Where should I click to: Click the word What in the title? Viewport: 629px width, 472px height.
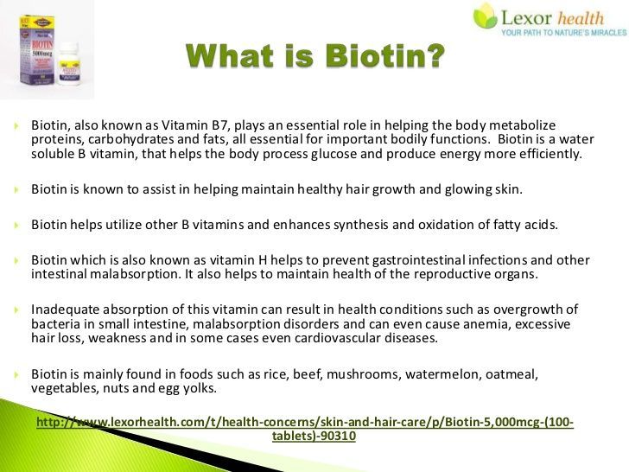(x=230, y=55)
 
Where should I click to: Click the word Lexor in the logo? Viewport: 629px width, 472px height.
(x=527, y=18)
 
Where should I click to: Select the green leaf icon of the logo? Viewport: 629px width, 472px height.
(x=486, y=16)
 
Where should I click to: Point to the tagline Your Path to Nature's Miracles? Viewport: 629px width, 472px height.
(x=563, y=33)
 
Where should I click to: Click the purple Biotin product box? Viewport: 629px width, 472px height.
(x=37, y=49)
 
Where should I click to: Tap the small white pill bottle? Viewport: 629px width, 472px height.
(x=68, y=63)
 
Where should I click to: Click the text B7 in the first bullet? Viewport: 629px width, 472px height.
(x=220, y=125)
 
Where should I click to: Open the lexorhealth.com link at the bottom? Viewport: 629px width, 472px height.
(x=305, y=429)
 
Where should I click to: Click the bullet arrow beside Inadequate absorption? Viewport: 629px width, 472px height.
(x=16, y=309)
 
